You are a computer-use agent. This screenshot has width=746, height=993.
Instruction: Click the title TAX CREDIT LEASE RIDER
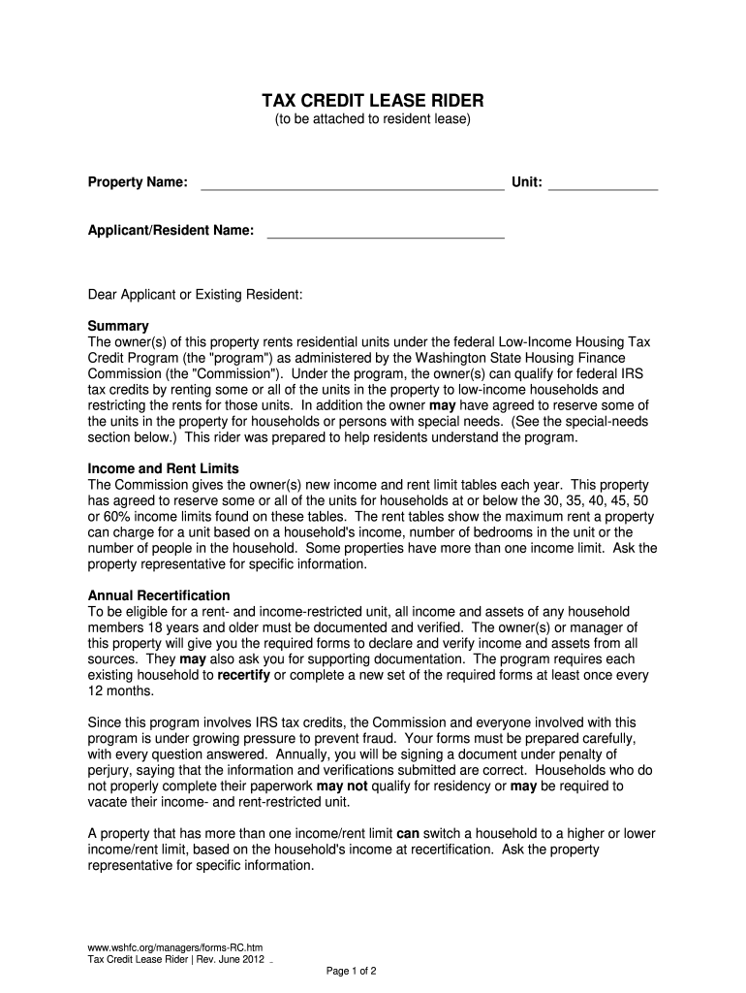click(373, 102)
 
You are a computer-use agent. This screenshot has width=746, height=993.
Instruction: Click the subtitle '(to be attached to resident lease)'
click(373, 120)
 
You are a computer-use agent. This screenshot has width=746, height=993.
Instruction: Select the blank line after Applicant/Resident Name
click(386, 231)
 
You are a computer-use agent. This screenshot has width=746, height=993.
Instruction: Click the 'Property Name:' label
click(138, 182)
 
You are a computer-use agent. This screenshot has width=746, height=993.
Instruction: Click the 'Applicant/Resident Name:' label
click(171, 230)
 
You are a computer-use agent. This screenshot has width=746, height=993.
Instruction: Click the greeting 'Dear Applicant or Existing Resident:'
click(196, 293)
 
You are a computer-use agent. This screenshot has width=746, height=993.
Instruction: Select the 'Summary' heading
click(118, 326)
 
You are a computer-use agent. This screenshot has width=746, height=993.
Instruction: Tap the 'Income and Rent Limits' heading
click(163, 468)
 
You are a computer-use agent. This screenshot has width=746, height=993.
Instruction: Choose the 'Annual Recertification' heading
click(159, 595)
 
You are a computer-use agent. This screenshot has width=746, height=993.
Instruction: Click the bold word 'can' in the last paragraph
click(408, 833)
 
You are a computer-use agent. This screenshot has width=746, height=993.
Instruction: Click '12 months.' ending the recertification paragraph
click(121, 690)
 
